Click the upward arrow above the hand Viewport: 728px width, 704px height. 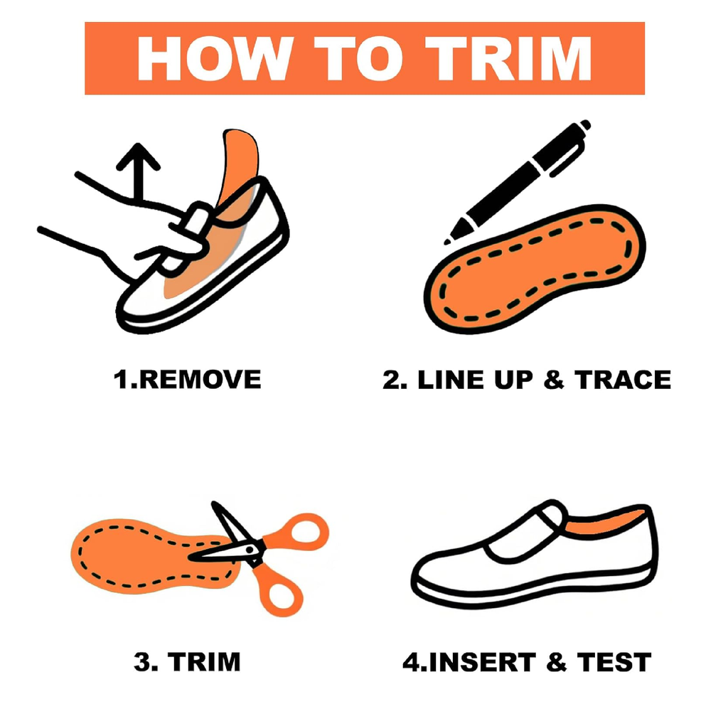tap(138, 171)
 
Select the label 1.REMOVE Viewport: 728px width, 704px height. tap(188, 380)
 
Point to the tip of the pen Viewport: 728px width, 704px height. tap(446, 242)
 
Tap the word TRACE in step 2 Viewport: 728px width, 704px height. tap(623, 380)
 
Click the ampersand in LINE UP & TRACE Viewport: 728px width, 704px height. tap(553, 380)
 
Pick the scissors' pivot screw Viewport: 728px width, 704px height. tap(250, 550)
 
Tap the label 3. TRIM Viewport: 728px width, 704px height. tap(187, 662)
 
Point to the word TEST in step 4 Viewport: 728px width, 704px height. tap(614, 662)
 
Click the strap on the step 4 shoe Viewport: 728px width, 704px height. tap(525, 534)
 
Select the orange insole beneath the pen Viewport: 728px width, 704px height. tap(535, 270)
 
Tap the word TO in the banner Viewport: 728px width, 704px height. tap(358, 58)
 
